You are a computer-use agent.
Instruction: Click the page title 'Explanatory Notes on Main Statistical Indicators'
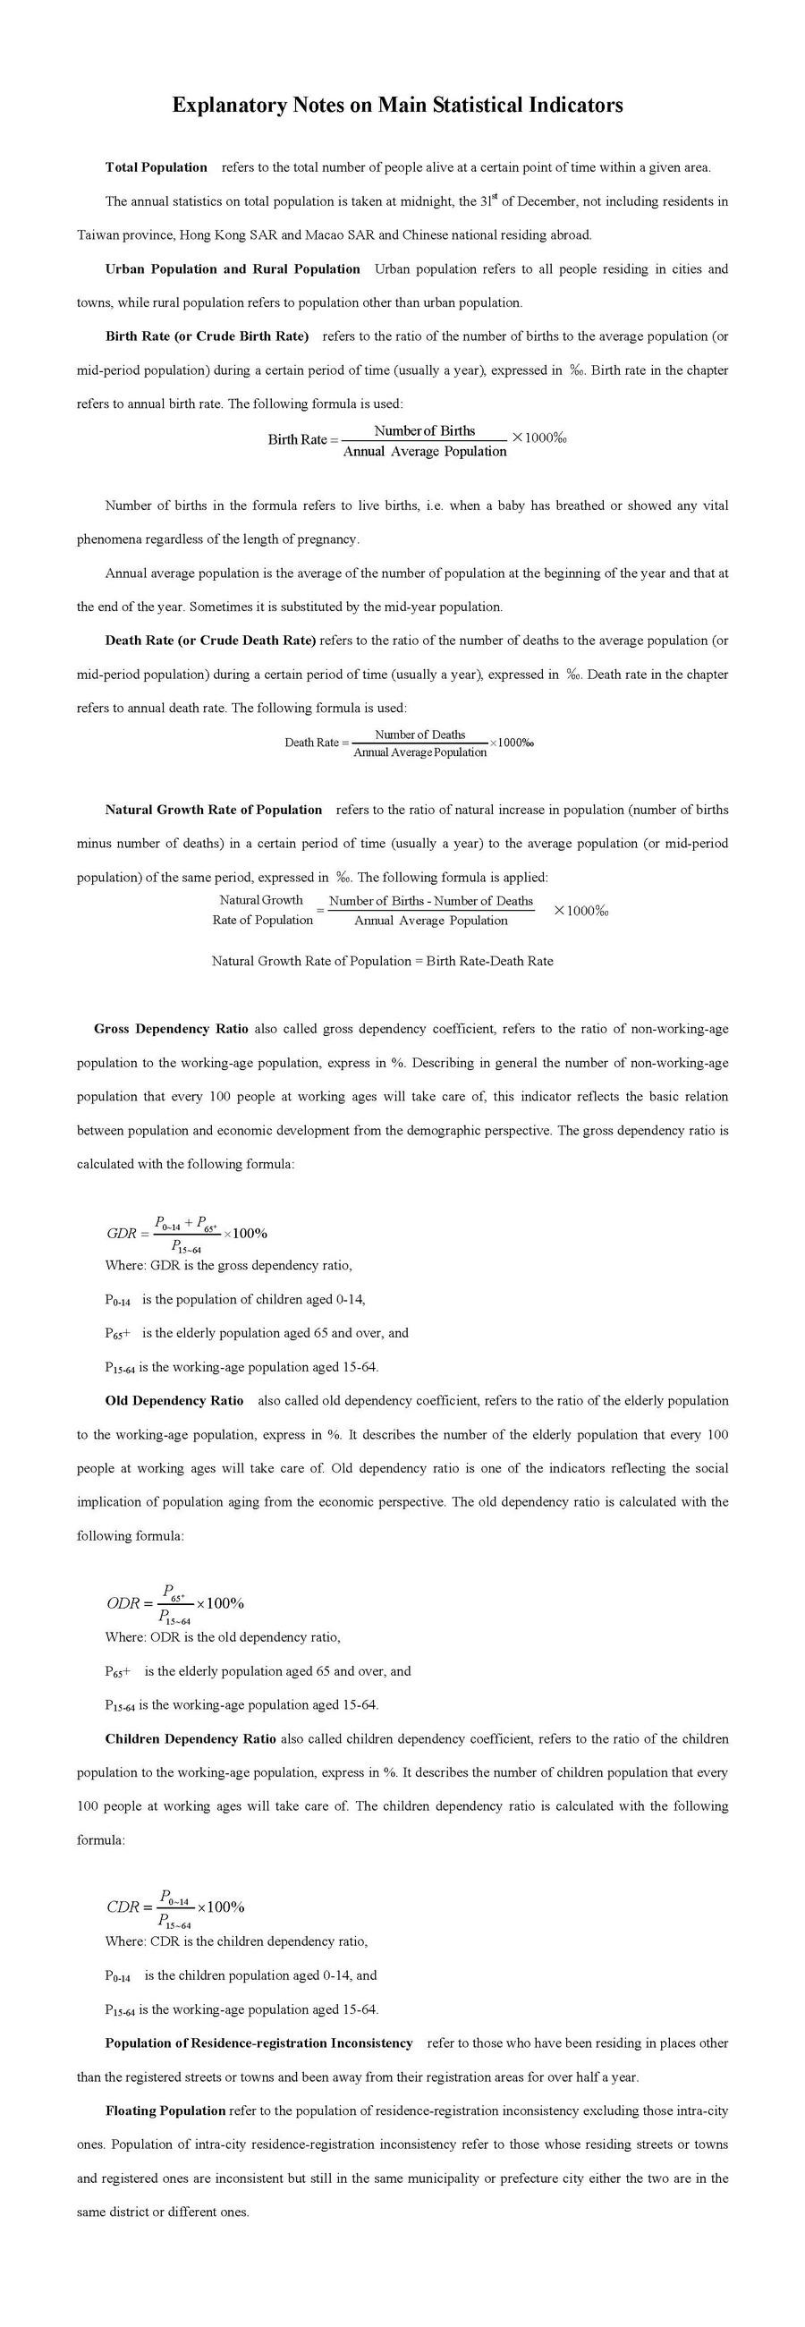tap(397, 106)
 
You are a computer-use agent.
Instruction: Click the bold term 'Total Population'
tap(157, 167)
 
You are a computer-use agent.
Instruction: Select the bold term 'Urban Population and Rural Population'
tap(233, 269)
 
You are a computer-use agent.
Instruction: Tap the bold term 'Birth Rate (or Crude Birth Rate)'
tap(207, 337)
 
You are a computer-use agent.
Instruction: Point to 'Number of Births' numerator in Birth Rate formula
tap(425, 431)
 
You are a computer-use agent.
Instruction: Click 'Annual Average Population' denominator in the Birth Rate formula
tap(425, 452)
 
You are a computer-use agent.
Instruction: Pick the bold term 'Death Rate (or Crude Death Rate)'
tap(210, 641)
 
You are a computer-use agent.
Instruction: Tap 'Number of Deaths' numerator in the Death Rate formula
tap(420, 735)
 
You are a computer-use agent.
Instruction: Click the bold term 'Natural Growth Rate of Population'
tap(213, 810)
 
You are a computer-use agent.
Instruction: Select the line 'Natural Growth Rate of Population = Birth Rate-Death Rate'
tap(382, 961)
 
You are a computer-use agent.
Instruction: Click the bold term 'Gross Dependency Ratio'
tap(171, 1029)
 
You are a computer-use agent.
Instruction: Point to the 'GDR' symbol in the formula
tap(121, 1233)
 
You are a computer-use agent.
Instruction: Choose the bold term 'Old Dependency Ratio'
tap(174, 1401)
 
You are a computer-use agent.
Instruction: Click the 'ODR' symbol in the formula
tap(123, 1603)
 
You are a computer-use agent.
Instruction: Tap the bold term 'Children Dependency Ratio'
tap(191, 1739)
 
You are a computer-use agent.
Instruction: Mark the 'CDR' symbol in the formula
tap(123, 1907)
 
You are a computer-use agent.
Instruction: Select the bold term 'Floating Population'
tap(165, 2111)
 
